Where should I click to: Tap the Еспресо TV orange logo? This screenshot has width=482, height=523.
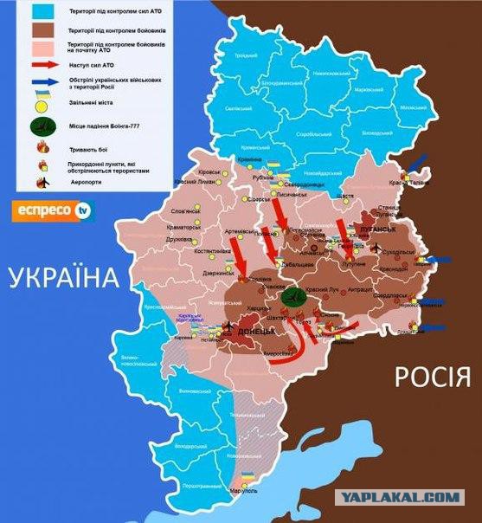49,210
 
